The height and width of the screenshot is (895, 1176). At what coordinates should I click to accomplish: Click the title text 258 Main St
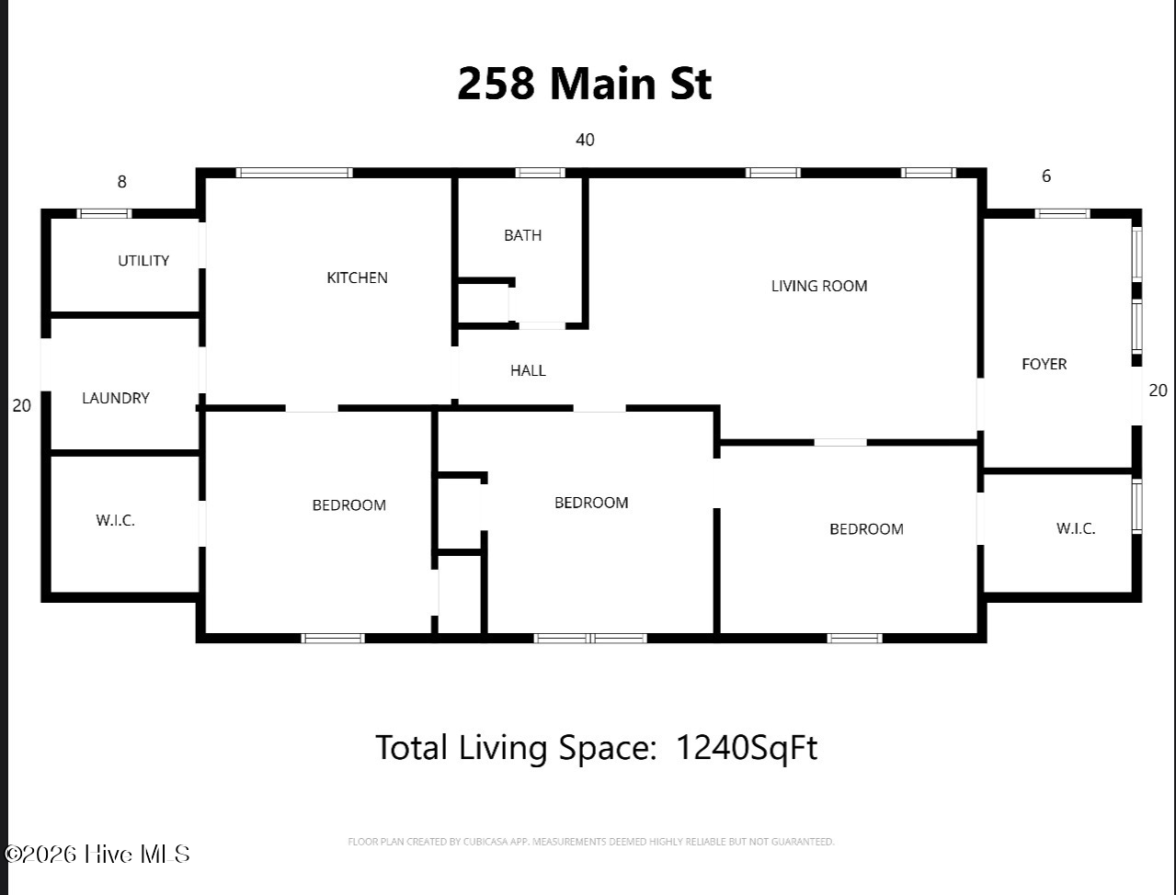coord(584,84)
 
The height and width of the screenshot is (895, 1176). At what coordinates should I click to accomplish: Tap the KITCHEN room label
coord(357,278)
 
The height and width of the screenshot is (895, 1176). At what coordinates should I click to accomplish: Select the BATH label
coord(522,235)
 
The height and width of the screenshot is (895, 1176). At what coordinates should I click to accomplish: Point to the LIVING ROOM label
coord(818,286)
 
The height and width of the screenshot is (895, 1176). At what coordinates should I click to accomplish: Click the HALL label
coord(528,370)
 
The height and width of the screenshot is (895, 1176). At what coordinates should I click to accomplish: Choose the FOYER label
coord(1044,364)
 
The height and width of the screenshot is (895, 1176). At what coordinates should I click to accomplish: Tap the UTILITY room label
coord(143,261)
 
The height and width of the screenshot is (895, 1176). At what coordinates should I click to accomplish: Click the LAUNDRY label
coord(116,398)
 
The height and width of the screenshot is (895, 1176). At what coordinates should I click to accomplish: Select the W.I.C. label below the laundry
coord(116,520)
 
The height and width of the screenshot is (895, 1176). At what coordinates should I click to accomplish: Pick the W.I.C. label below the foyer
coord(1075,528)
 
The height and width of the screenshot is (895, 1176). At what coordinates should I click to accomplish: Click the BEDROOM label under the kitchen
coord(348,504)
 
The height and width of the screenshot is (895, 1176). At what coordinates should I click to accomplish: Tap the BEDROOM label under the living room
coord(866,528)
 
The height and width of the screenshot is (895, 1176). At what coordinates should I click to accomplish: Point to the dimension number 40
coord(585,140)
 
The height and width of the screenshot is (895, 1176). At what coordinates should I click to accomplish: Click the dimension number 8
coord(121,182)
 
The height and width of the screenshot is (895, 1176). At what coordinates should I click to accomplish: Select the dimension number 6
coord(1045,176)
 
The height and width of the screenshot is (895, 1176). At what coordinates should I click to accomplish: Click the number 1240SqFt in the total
coord(746,747)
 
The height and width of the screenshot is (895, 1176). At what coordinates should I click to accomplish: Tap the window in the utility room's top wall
coord(104,214)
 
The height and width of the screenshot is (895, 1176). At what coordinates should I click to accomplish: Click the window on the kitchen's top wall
coord(294,173)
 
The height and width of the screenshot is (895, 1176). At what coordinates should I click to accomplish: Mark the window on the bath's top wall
coord(540,173)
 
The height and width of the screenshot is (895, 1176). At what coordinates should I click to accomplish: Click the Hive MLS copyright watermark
coord(97,854)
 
